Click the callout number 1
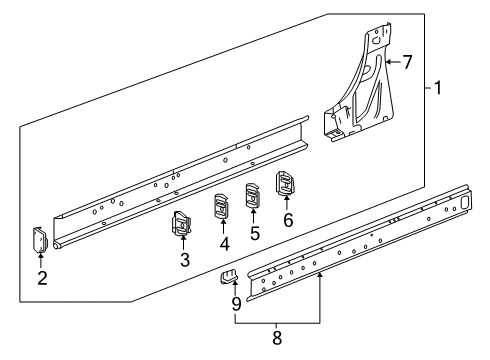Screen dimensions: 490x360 [438, 88]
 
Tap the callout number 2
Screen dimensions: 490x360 [42, 278]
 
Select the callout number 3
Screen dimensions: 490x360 [185, 260]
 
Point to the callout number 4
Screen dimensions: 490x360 [225, 244]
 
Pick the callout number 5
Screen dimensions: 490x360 [255, 233]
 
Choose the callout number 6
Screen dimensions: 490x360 [288, 220]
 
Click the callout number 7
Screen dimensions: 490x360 [407, 62]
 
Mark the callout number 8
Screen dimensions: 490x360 [277, 338]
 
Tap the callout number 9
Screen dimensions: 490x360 [236, 304]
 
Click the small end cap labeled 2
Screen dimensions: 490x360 [40, 239]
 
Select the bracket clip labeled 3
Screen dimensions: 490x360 [182, 223]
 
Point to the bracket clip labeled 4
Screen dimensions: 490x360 [221, 206]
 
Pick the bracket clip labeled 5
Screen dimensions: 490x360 [253, 195]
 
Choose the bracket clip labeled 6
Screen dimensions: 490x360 [285, 183]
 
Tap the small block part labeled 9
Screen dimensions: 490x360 [229, 276]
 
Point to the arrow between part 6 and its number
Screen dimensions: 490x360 [286, 203]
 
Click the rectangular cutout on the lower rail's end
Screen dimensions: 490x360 [464, 202]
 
